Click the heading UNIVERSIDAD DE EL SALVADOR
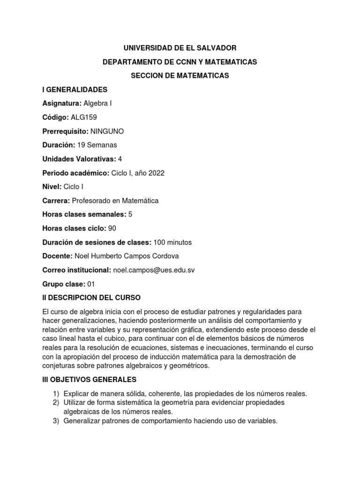pyautogui.click(x=180, y=48)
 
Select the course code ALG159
pyautogui.click(x=85, y=117)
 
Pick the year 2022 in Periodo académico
pyautogui.click(x=157, y=173)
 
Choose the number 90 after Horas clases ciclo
pyautogui.click(x=112, y=228)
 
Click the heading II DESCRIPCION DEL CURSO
pyautogui.click(x=91, y=298)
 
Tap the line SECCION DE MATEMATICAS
pyautogui.click(x=180, y=75)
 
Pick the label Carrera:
pyautogui.click(x=56, y=201)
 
